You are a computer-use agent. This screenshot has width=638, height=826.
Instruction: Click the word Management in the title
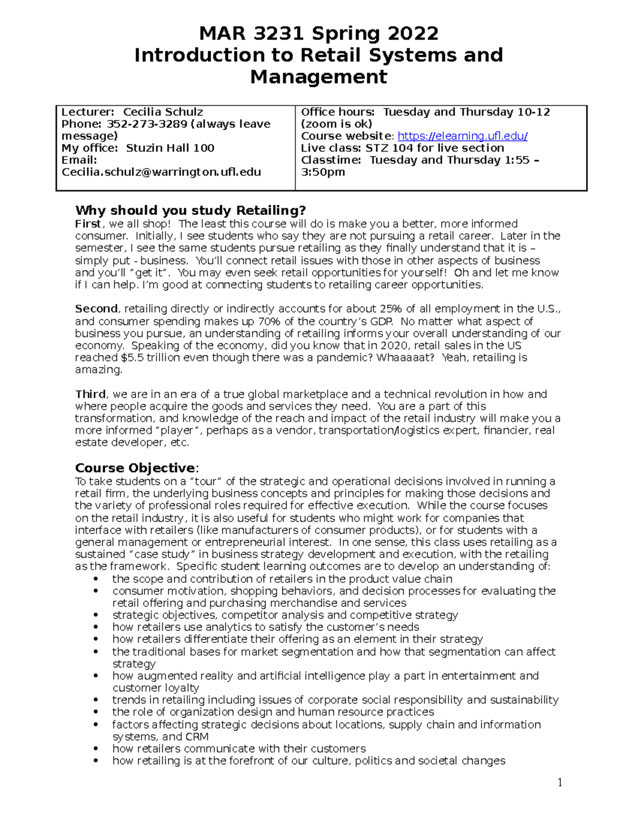318,77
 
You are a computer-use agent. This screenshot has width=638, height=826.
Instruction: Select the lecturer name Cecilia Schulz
163,112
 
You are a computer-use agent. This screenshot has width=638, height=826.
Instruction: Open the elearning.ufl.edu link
462,136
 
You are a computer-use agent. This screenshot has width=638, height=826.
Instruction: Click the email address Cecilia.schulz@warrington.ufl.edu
161,172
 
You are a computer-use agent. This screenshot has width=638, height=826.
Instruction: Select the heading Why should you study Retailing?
190,211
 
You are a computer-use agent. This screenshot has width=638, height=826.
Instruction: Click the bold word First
88,224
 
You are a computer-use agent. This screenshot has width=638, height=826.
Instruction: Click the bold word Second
96,309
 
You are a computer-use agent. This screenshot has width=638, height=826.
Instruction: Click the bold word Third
90,395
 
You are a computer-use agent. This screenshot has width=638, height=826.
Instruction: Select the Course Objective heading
135,468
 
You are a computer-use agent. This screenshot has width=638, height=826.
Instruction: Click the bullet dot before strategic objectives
96,615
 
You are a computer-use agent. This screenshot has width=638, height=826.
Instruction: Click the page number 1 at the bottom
560,782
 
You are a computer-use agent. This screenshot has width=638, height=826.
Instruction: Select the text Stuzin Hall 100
170,148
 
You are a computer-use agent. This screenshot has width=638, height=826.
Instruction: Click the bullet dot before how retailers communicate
96,749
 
